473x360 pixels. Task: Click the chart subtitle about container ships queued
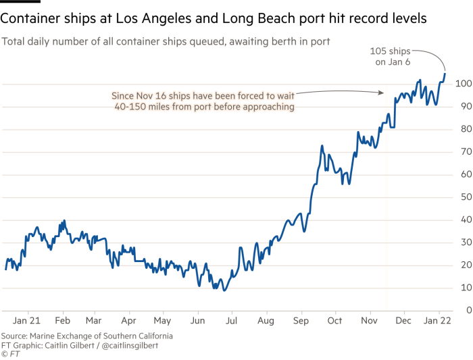pos(166,42)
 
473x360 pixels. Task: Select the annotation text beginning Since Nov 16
pos(203,101)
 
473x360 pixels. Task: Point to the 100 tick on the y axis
pos(462,84)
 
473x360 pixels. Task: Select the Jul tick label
pos(231,322)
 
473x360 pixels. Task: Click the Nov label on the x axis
pos(369,322)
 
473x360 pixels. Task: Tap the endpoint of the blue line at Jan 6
pos(445,72)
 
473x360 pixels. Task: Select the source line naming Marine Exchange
pos(86,336)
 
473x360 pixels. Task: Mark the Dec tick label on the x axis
pos(403,322)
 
